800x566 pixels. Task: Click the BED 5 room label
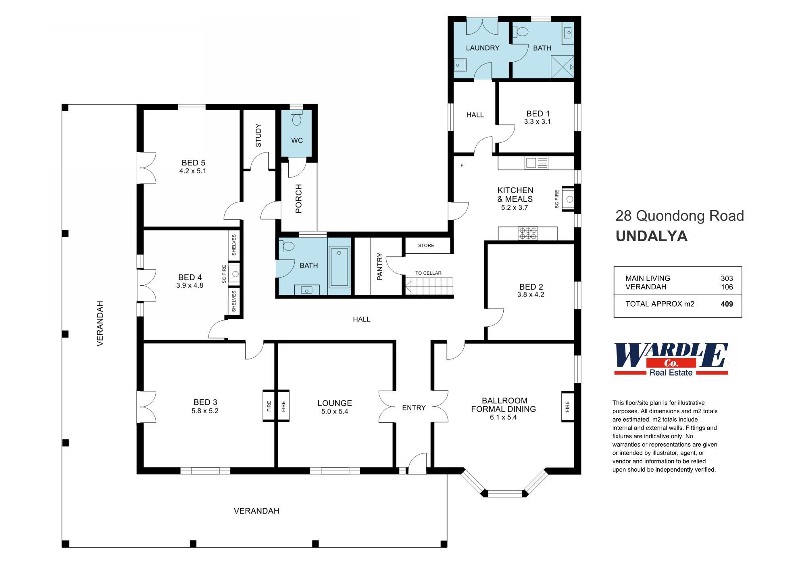(x=193, y=163)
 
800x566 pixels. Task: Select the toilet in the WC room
(x=297, y=119)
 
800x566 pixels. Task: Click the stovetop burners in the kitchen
(x=527, y=234)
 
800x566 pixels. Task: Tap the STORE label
(x=426, y=245)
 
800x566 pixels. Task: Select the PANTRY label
(x=379, y=266)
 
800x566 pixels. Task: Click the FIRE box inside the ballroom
(x=567, y=406)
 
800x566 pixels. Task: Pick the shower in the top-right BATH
(x=562, y=67)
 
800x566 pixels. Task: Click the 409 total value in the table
(x=727, y=304)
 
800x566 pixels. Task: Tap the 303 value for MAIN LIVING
(x=727, y=278)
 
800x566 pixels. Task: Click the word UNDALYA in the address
(x=651, y=236)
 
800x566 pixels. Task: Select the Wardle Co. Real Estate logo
(x=671, y=359)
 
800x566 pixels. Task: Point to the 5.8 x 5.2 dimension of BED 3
(x=205, y=411)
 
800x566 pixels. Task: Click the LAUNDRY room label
(x=482, y=48)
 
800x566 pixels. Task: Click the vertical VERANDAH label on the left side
(x=100, y=323)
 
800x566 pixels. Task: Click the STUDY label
(x=258, y=136)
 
